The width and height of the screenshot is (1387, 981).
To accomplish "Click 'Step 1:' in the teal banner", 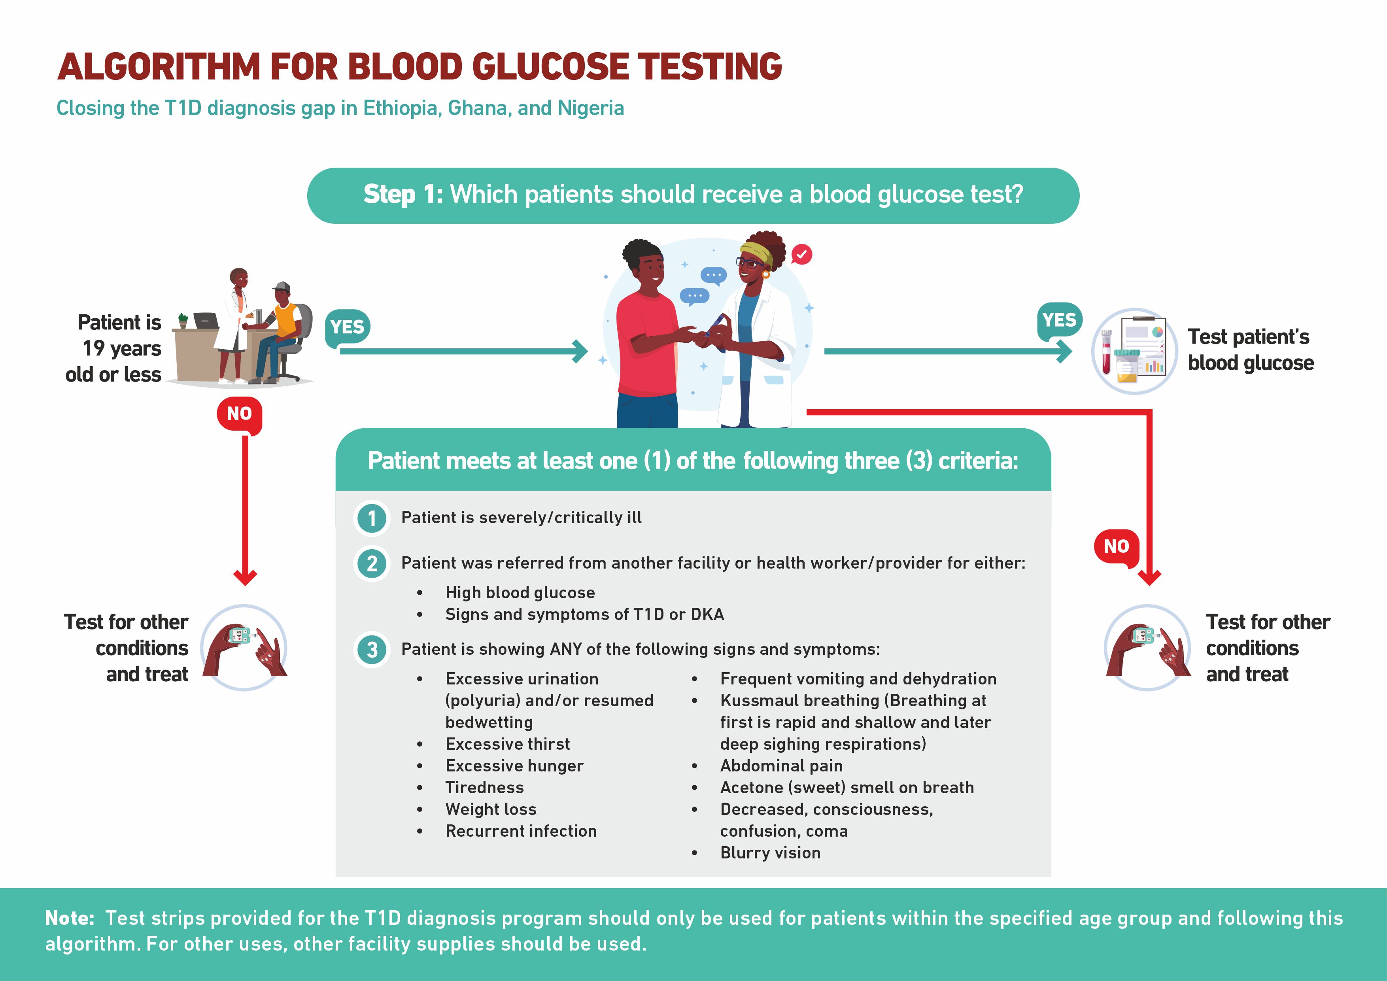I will (403, 195).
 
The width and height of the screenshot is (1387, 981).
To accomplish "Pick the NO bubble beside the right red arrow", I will (1117, 547).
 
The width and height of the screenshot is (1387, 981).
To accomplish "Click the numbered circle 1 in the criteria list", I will (372, 518).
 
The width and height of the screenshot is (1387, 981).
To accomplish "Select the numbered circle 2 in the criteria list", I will (372, 563).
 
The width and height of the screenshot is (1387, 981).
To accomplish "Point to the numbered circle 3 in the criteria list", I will (372, 650).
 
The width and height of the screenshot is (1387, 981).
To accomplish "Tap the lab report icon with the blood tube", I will (1134, 351).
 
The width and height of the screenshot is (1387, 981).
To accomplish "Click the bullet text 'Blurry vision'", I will (770, 852).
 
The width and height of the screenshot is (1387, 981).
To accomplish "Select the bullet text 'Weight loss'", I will (491, 809).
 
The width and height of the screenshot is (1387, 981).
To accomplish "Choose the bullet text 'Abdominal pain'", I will (781, 766).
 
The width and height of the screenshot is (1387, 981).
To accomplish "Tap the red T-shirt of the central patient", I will (648, 344).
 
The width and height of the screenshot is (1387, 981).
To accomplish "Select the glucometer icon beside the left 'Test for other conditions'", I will (244, 648).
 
